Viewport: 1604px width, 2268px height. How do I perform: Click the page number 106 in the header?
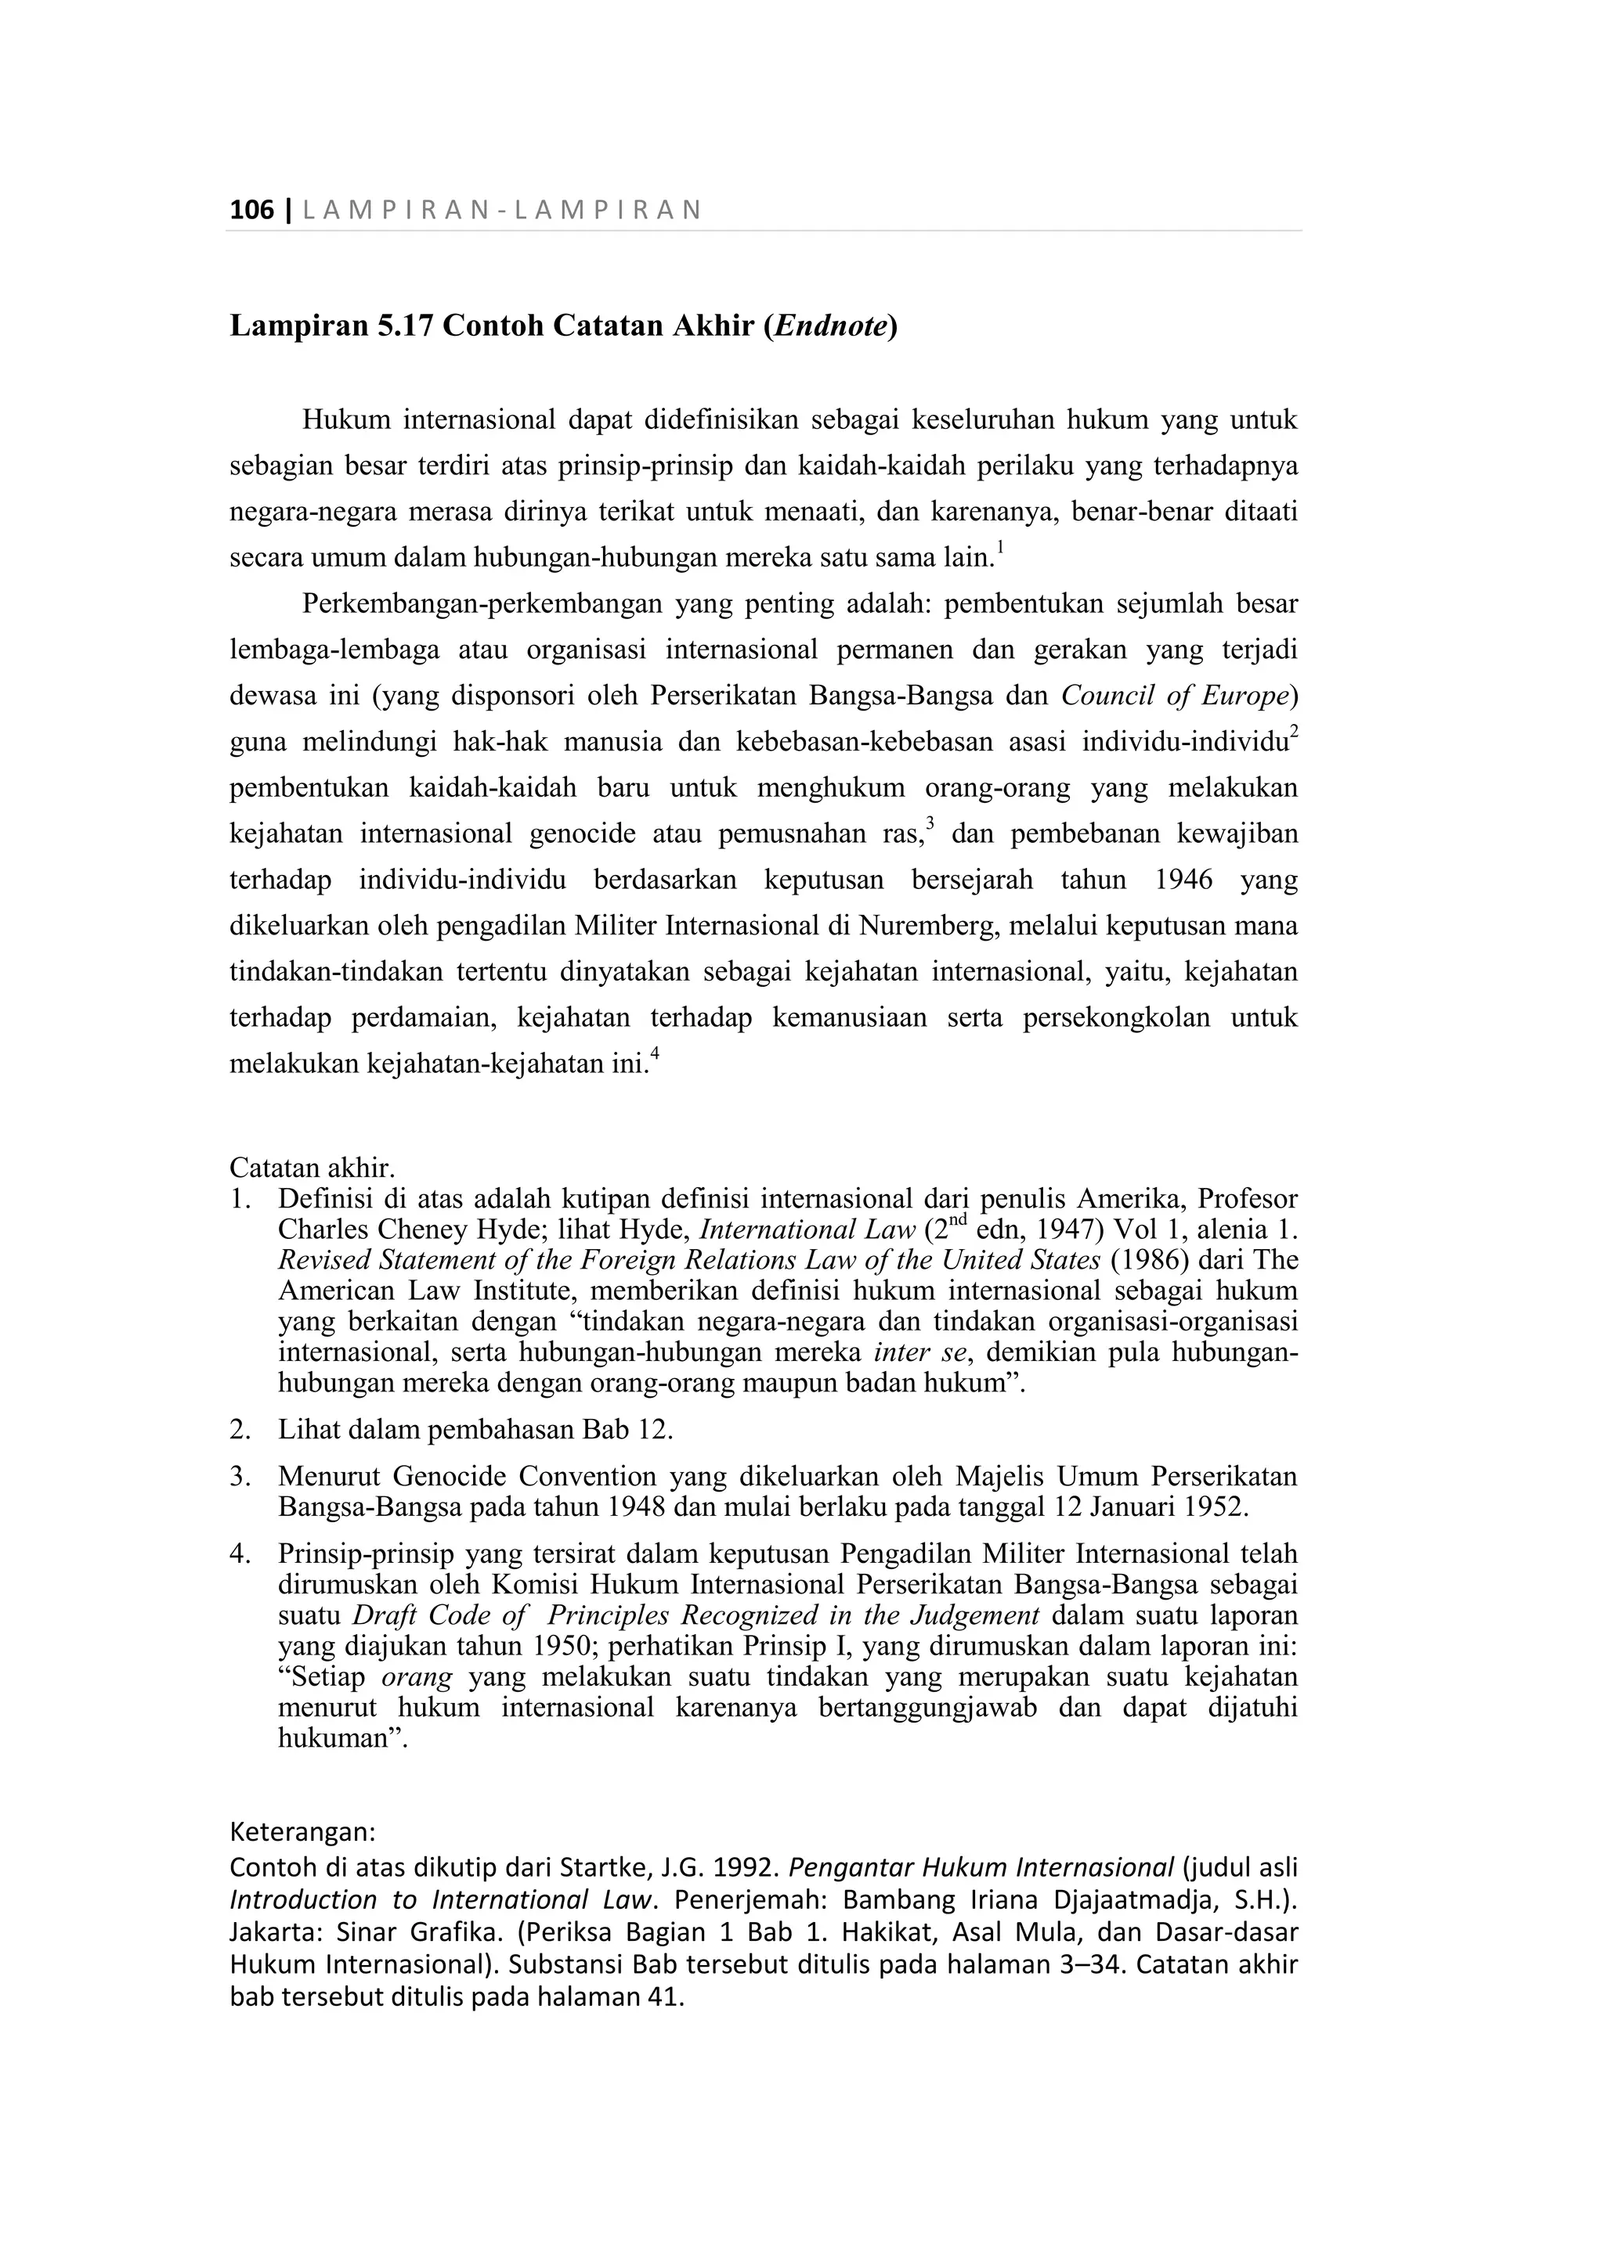point(251,211)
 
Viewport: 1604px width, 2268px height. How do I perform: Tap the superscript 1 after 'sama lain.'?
point(1000,547)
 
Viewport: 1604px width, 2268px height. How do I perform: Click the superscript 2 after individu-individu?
point(1294,732)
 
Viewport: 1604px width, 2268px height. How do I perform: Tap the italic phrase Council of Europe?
point(1175,697)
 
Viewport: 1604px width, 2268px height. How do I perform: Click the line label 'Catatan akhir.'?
point(312,1168)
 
